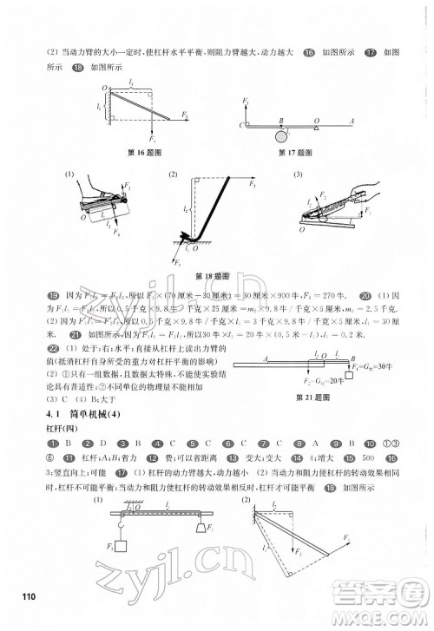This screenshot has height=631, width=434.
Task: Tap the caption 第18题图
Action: click(218, 277)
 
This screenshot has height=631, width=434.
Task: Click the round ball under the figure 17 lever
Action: click(280, 135)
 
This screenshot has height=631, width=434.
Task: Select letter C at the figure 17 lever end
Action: click(240, 126)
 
